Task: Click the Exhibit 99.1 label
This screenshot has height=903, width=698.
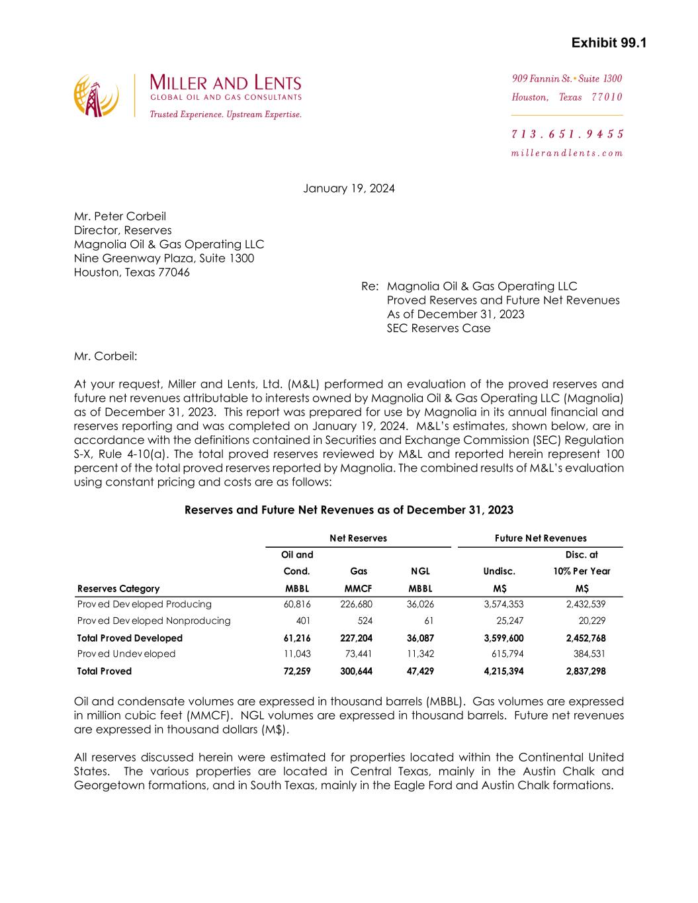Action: pos(609,44)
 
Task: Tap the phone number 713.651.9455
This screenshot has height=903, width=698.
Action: pos(568,134)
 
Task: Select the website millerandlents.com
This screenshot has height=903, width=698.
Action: pos(567,153)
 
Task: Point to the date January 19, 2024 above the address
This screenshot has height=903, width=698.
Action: pos(349,189)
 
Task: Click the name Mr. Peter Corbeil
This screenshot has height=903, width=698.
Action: pos(120,216)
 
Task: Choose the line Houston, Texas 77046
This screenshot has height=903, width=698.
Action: pos(132,272)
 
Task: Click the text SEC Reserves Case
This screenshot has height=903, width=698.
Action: pos(439,328)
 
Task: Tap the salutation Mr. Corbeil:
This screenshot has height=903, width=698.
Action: pos(106,357)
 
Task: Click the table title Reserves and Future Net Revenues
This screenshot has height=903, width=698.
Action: pos(349,510)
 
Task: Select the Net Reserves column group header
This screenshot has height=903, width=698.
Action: pos(358,538)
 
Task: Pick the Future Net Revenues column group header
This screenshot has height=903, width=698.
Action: pos(541,538)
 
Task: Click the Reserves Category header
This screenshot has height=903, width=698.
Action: pos(118,589)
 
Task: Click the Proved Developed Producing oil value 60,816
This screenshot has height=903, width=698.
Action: pos(298,604)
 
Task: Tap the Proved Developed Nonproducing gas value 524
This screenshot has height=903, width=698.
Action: pos(364,621)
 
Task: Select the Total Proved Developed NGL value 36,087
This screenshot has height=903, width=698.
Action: pos(420,638)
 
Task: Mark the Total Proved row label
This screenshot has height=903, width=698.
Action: pos(105,671)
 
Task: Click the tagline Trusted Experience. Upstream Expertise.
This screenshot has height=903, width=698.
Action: pos(226,114)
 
